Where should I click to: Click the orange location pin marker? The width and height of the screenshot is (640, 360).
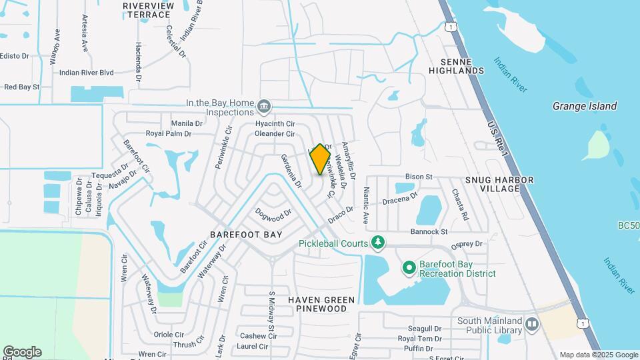(x=320, y=159)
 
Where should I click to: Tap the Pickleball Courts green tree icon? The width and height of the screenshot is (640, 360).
(x=378, y=241)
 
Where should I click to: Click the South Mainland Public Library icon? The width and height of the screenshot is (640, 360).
(x=531, y=325)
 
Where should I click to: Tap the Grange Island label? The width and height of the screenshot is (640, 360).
(x=585, y=106)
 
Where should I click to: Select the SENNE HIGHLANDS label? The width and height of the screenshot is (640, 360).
(x=456, y=65)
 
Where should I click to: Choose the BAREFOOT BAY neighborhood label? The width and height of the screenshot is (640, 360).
(x=246, y=235)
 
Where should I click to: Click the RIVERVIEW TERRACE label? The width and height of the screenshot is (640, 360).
(x=147, y=9)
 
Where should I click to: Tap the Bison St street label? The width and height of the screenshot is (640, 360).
(x=419, y=177)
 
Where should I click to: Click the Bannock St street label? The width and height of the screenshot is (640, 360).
(x=429, y=231)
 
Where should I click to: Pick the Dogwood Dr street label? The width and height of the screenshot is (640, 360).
(x=274, y=213)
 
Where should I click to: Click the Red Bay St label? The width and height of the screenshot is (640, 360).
(x=22, y=87)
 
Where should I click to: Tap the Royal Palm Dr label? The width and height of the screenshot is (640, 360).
(x=169, y=133)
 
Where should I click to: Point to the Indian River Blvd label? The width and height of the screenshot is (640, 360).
(x=87, y=73)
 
